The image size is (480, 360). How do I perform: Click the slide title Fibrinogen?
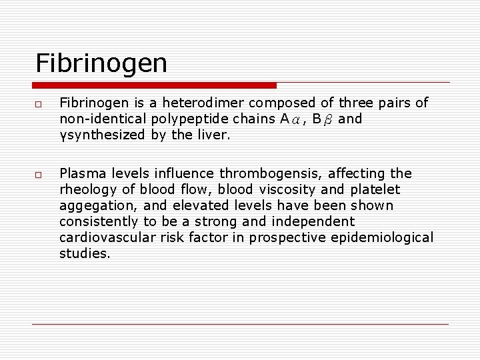(101, 64)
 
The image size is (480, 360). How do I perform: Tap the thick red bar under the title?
(155, 85)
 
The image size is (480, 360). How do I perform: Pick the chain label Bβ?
(323, 119)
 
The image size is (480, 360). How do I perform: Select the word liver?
(215, 135)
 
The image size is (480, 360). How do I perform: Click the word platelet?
(376, 189)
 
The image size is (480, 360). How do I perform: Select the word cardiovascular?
(103, 238)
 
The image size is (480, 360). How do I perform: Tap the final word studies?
(85, 253)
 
